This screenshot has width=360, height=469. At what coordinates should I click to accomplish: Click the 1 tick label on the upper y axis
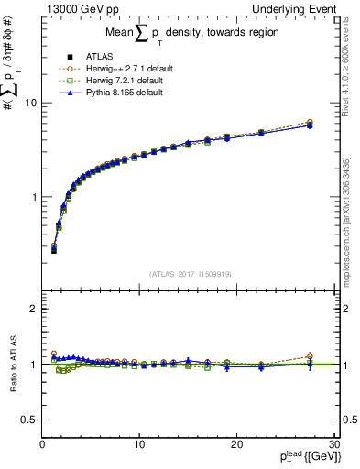tap(34, 197)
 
